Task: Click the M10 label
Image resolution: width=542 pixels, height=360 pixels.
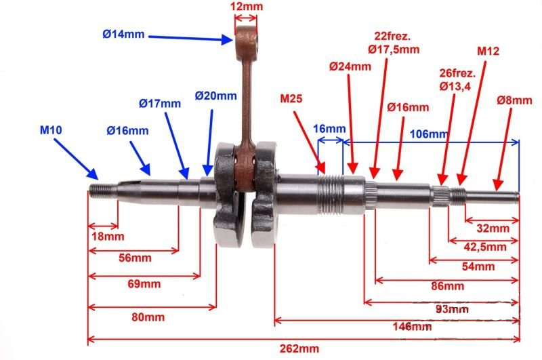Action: click(x=51, y=130)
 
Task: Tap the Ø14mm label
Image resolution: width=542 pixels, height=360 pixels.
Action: click(x=123, y=34)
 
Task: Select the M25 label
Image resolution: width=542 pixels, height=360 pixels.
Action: click(x=291, y=98)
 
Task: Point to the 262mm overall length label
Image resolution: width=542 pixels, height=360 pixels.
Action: click(x=299, y=348)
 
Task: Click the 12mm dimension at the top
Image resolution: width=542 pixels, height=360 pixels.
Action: click(x=247, y=7)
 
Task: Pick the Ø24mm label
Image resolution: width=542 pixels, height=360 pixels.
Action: click(x=350, y=66)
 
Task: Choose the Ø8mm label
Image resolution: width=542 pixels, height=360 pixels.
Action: click(x=514, y=100)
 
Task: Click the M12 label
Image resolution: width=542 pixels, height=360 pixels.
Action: click(x=488, y=51)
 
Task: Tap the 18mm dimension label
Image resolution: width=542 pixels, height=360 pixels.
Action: click(x=108, y=237)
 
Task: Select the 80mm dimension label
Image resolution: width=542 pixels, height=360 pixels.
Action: click(x=148, y=317)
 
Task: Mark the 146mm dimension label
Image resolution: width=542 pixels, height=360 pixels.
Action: click(x=412, y=327)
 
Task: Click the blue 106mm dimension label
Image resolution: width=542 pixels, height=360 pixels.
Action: click(x=429, y=134)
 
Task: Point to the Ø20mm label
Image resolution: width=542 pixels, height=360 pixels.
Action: click(x=215, y=96)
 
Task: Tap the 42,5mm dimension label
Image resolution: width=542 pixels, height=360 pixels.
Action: click(x=485, y=247)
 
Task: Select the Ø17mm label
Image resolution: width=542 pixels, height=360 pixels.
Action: click(x=160, y=104)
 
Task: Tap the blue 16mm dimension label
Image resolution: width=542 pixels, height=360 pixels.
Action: click(x=329, y=129)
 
